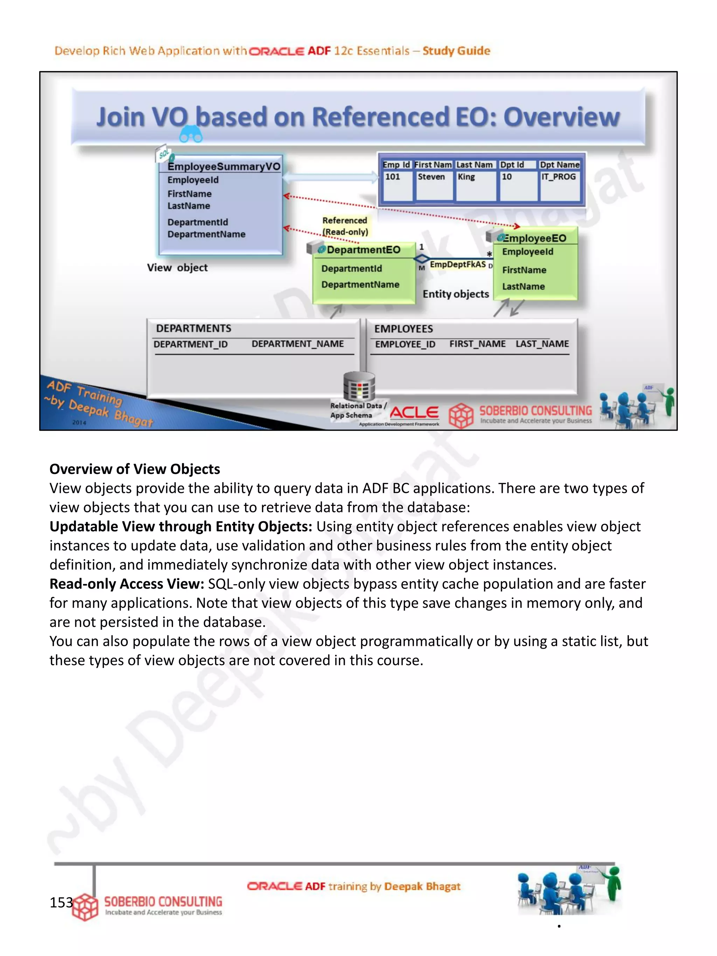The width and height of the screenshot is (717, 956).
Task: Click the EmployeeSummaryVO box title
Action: pyautogui.click(x=223, y=166)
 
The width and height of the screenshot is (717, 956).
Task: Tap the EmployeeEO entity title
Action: pyautogui.click(x=534, y=238)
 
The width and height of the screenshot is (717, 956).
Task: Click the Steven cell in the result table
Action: pyautogui.click(x=431, y=177)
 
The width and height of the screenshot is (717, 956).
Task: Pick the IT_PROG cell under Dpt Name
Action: pyautogui.click(x=558, y=177)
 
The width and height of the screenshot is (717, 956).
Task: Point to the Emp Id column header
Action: pyautogui.click(x=396, y=165)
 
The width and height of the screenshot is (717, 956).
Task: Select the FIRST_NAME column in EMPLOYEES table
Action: pyautogui.click(x=477, y=344)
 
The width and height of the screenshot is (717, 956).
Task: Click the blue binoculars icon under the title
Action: pyautogui.click(x=190, y=134)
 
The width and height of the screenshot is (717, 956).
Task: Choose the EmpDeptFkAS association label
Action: pyautogui.click(x=458, y=264)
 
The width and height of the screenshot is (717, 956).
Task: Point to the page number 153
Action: pyautogui.click(x=61, y=902)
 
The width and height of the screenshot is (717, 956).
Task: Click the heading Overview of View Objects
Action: pyautogui.click(x=134, y=469)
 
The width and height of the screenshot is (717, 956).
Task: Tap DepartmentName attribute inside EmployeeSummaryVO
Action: pyautogui.click(x=206, y=234)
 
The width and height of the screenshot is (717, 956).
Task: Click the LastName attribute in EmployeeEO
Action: pyautogui.click(x=523, y=287)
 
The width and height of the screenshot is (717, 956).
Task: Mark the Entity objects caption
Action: pyautogui.click(x=455, y=294)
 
